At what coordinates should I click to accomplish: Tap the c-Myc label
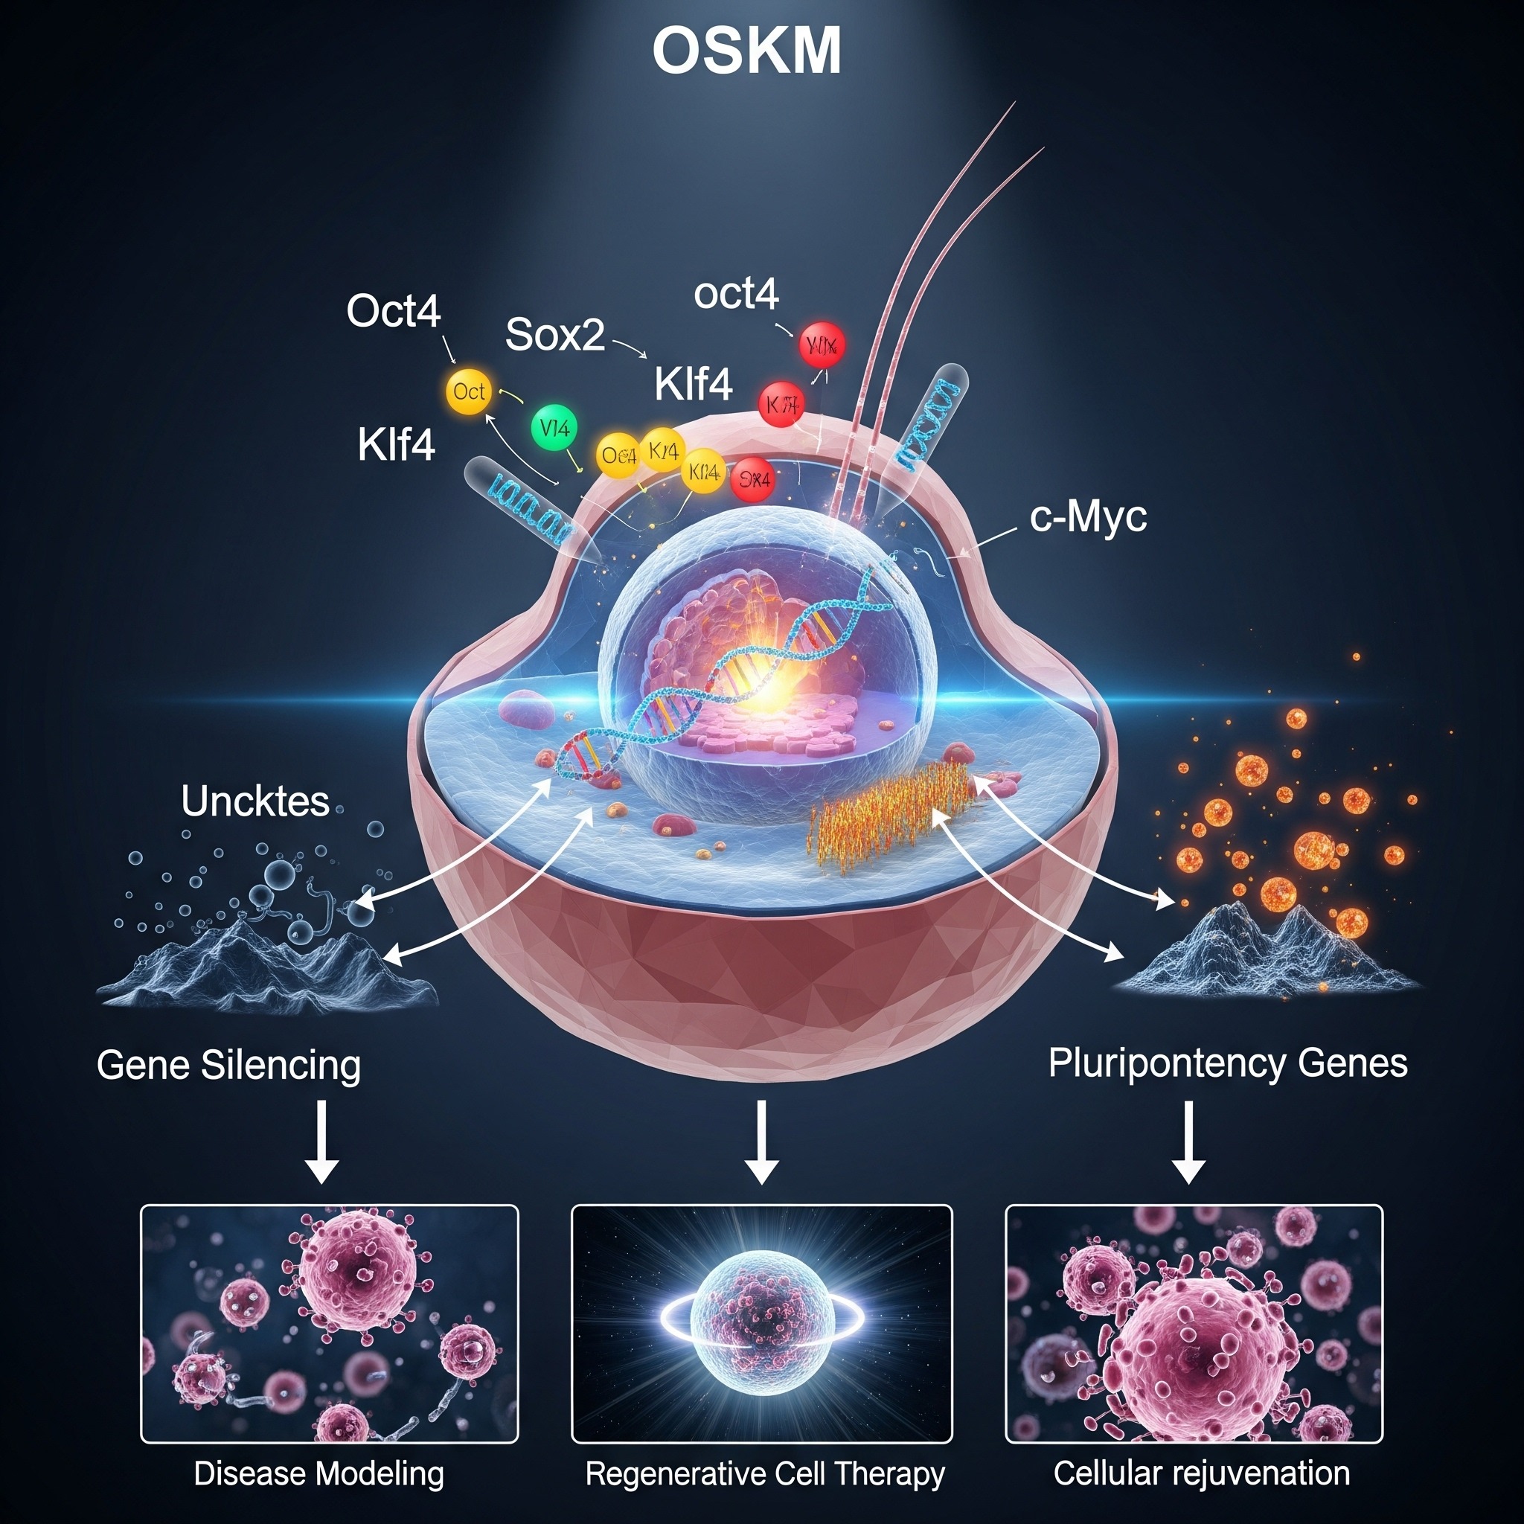coord(1088,518)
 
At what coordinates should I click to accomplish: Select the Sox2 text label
coord(554,334)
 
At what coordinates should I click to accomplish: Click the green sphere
coord(554,429)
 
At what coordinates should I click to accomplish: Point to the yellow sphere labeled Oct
coord(469,391)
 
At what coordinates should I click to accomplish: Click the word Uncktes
coord(254,801)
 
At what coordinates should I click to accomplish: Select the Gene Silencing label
coord(228,1065)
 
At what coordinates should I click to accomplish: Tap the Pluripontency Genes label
coord(1227,1063)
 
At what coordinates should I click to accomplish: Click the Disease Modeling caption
coord(318,1473)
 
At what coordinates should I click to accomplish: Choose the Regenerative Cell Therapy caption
coord(764,1473)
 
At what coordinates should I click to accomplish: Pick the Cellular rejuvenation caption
coord(1201,1473)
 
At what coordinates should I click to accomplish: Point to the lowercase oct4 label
coord(736,294)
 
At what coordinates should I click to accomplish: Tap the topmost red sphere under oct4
coord(822,345)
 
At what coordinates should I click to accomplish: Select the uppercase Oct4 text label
coord(393,311)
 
